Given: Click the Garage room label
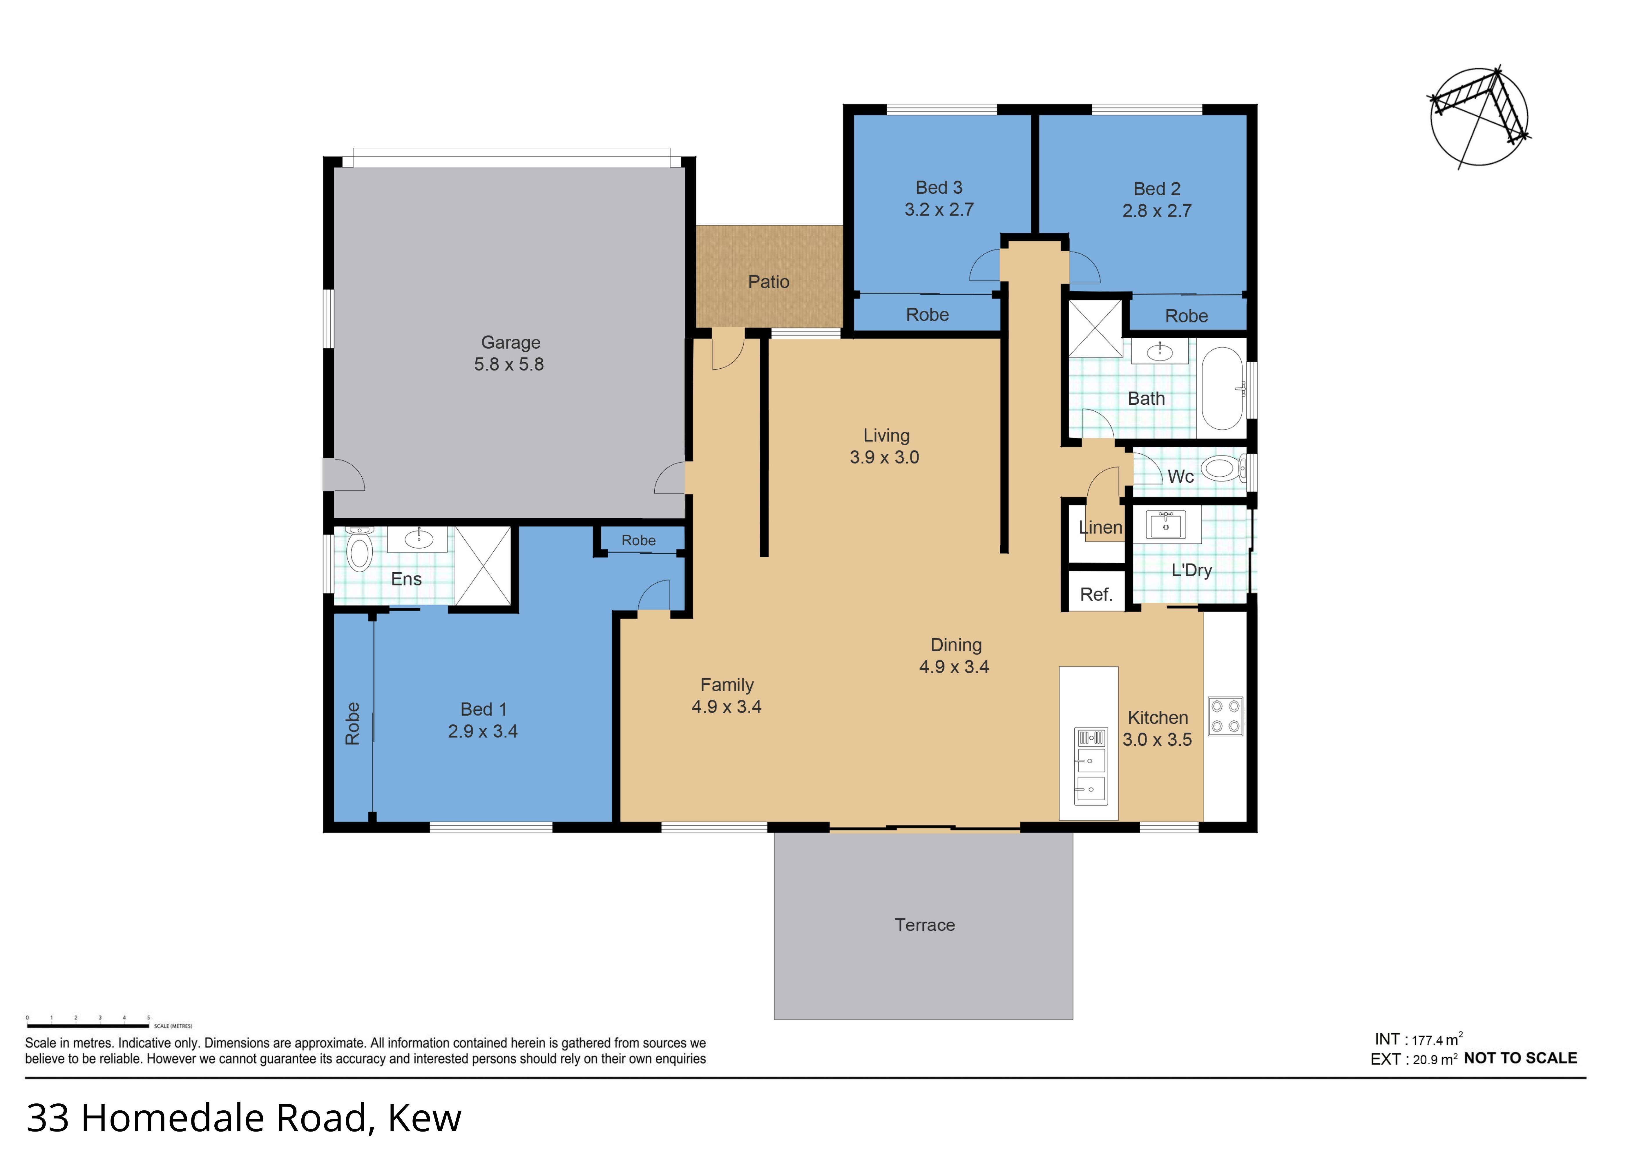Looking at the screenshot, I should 510,343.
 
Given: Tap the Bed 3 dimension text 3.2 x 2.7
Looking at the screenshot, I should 939,210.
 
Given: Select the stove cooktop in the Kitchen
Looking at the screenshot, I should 1225,716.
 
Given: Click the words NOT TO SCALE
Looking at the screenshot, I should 1520,1058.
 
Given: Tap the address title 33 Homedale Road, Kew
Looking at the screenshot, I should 243,1119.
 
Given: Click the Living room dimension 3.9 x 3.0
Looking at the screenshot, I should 884,457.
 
